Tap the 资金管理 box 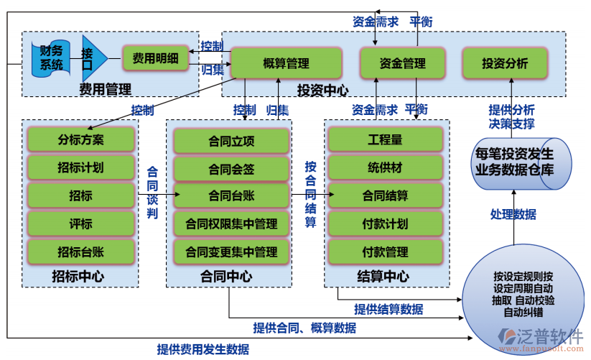[x=402, y=64]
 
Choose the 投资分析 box [x=505, y=64]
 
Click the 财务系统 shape [x=52, y=58]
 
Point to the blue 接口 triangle [x=91, y=58]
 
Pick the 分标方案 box [x=80, y=139]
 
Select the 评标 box [x=80, y=223]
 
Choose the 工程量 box [x=386, y=139]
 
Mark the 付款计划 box [x=386, y=223]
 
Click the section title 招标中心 [x=78, y=275]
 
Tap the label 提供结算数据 [x=388, y=310]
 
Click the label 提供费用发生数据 [x=203, y=350]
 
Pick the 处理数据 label [x=513, y=214]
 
